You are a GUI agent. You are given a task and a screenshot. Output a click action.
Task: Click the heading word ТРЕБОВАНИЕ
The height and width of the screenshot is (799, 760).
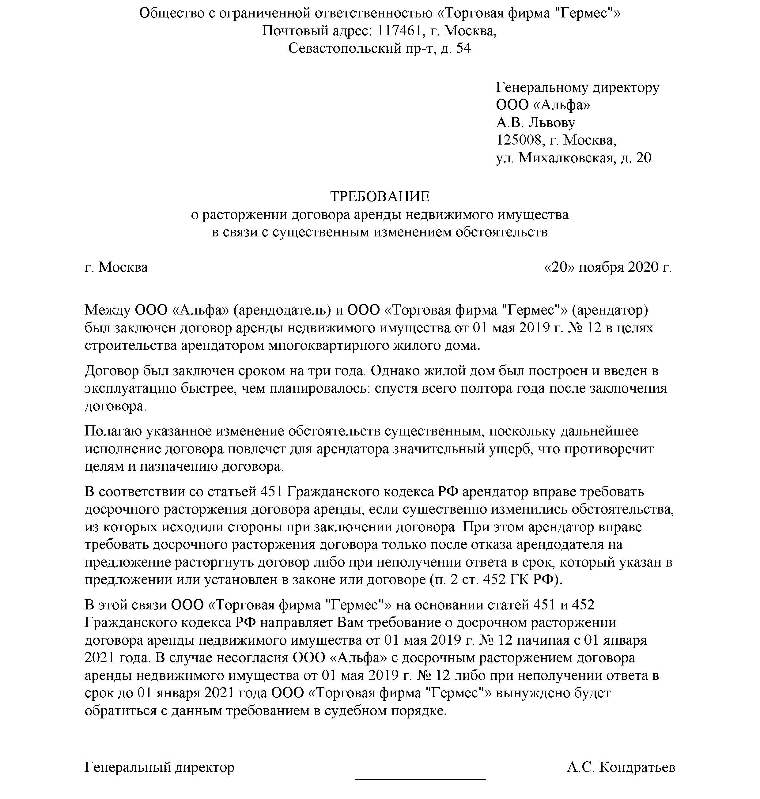[380, 196]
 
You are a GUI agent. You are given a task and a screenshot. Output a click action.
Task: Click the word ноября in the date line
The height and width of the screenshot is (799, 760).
[601, 267]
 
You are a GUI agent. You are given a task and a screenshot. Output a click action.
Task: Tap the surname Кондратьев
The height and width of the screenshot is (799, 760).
[637, 767]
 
